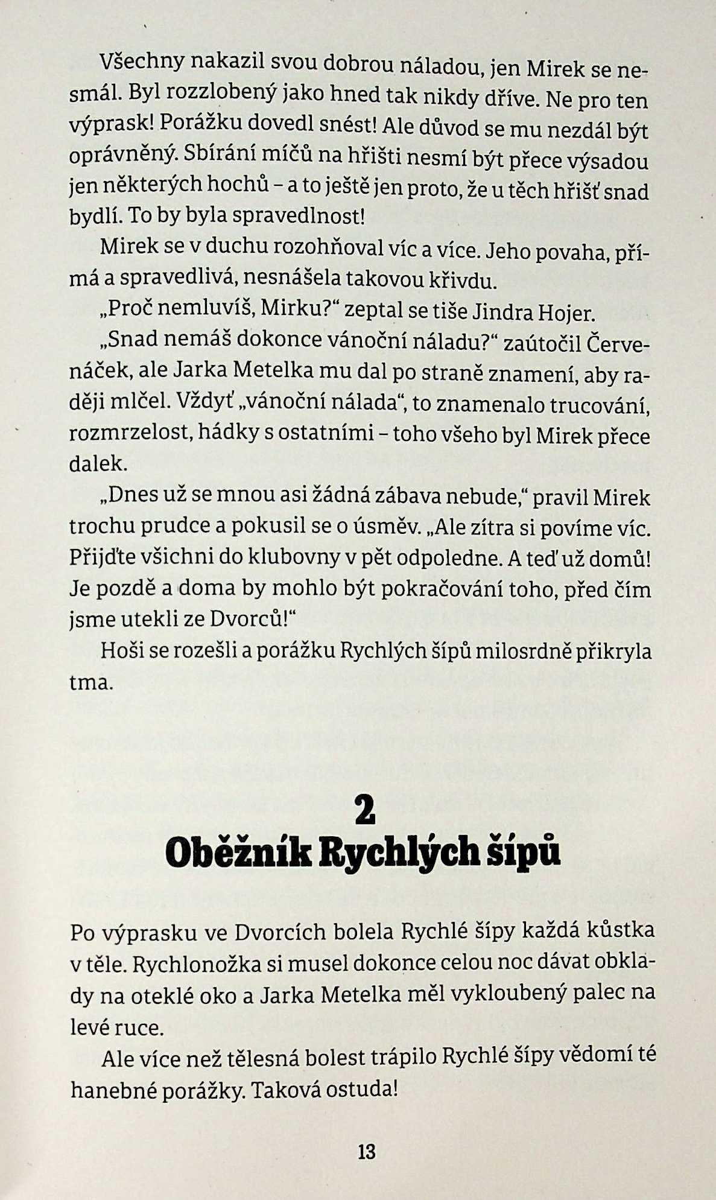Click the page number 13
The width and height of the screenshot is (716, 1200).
point(366,1152)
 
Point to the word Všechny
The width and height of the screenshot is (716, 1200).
point(136,61)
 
